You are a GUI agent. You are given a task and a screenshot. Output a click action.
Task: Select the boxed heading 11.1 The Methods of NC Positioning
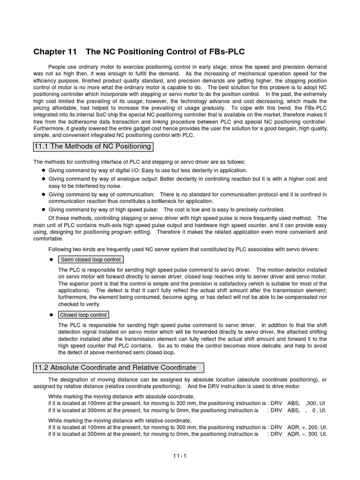point(93,147)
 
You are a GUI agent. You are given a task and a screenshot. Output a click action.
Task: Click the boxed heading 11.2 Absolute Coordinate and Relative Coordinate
point(115,367)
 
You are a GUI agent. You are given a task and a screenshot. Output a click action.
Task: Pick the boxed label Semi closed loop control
point(90,260)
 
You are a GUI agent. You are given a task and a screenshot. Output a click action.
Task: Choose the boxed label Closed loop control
point(83,315)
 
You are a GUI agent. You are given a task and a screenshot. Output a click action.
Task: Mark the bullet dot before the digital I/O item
point(42,171)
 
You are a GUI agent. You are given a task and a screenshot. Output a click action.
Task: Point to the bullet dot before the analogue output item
point(42,179)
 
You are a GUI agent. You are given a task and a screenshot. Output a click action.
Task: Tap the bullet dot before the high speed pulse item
point(42,210)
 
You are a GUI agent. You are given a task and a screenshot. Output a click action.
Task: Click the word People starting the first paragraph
point(58,66)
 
